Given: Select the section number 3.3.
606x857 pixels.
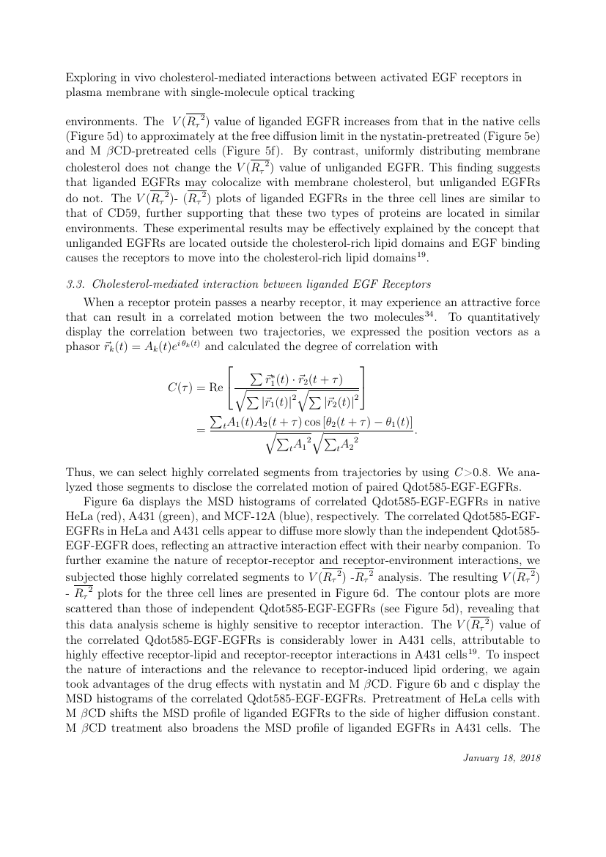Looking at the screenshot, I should point(75,285).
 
